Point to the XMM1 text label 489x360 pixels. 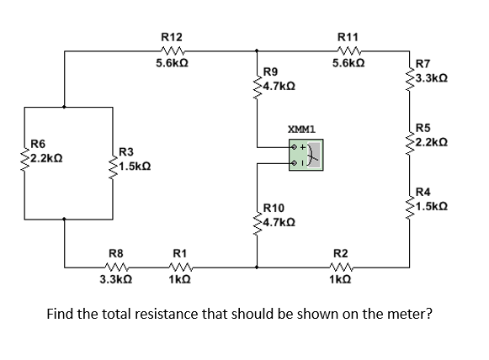300,130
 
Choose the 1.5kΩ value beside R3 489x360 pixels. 135,166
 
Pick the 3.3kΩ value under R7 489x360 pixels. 433,77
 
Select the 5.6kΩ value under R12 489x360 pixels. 171,63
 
